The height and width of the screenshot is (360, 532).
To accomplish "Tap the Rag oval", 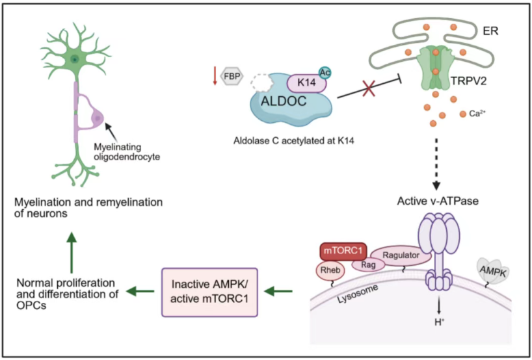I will click(367, 264).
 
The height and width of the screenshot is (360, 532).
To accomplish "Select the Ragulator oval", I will click(401, 255).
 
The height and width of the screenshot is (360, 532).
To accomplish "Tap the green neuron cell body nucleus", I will click(75, 59).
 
